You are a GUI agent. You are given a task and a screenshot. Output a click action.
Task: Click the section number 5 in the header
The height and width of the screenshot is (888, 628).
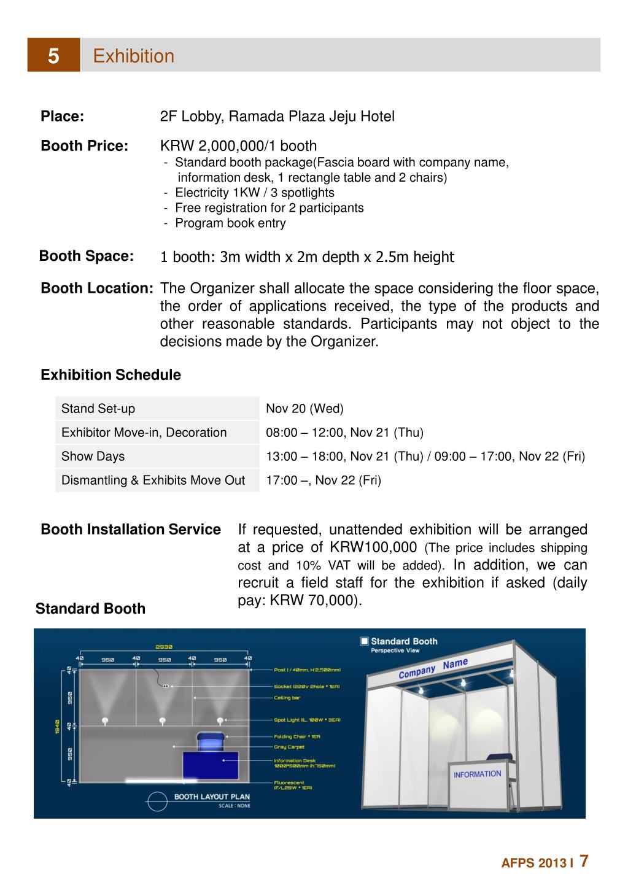pos(53,56)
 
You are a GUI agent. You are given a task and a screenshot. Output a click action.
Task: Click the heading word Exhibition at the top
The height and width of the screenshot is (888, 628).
pos(133,56)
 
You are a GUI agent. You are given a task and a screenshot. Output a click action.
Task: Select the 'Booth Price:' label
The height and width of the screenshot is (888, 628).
pos(84,146)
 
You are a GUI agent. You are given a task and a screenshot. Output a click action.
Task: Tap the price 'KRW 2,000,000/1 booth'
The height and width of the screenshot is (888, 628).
pos(238,146)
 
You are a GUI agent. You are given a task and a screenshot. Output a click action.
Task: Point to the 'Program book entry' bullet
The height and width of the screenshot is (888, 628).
pos(230,223)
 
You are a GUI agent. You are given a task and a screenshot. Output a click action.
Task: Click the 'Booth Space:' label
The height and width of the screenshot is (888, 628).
pos(86,256)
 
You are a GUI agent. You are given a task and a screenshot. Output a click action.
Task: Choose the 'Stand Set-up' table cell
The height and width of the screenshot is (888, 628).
pos(98,409)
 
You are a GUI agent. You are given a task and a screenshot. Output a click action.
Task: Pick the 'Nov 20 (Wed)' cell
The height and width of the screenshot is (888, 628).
pos(304,409)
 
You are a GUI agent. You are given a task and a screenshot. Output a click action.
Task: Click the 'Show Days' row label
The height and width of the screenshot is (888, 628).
pos(93,457)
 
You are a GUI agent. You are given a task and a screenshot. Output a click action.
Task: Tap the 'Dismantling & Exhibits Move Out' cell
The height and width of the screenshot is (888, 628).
pos(153,481)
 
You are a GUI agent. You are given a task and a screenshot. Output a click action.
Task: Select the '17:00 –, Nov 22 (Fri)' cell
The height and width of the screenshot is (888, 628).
pos(323,481)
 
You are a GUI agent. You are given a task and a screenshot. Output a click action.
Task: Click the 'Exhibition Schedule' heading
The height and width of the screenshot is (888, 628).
pos(110,375)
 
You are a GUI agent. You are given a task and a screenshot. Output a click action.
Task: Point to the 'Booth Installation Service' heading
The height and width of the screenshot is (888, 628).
pos(130,530)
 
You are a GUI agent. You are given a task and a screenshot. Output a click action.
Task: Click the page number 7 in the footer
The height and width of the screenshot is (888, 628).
pos(584,861)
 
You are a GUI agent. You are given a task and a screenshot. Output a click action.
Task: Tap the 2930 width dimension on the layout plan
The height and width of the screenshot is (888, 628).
pos(164,646)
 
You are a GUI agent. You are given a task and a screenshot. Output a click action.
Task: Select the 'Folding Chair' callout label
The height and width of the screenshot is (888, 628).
pos(297,736)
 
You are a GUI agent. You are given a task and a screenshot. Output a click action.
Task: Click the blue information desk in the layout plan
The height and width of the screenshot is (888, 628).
pos(211,766)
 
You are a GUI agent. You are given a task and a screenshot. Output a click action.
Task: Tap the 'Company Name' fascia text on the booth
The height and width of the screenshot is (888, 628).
pos(433,668)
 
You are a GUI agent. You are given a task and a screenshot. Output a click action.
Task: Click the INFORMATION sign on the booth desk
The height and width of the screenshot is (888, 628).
pos(477,774)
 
